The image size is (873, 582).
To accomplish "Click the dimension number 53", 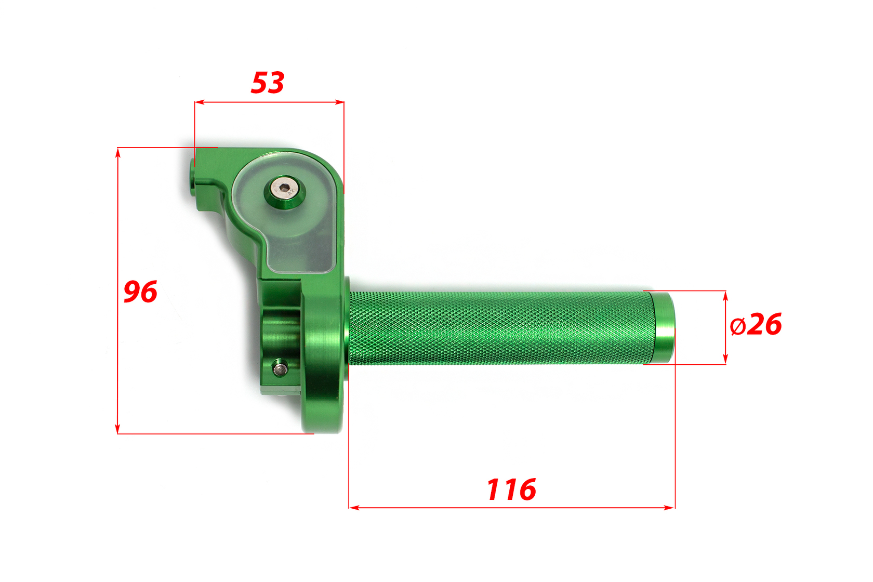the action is point(268,83).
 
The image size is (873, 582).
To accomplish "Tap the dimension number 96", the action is point(140,291).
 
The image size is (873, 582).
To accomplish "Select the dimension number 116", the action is point(512,489).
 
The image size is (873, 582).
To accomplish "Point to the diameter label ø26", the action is point(756,324).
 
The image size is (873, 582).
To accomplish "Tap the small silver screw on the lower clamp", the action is point(280,368).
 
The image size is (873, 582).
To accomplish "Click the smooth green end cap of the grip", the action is point(663,327).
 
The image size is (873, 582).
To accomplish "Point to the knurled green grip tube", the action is point(501,328).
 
